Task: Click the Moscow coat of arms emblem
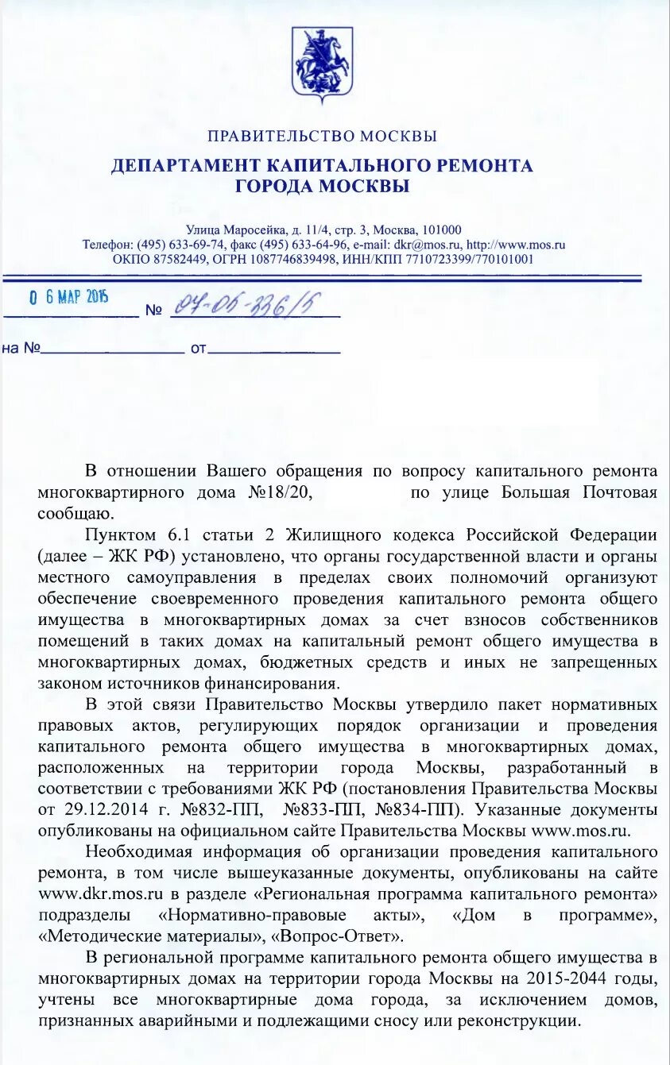click(x=322, y=63)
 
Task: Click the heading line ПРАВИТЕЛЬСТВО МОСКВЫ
click(x=322, y=137)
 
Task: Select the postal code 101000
click(x=441, y=230)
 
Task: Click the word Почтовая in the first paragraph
click(x=620, y=492)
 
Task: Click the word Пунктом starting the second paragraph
click(x=122, y=534)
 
